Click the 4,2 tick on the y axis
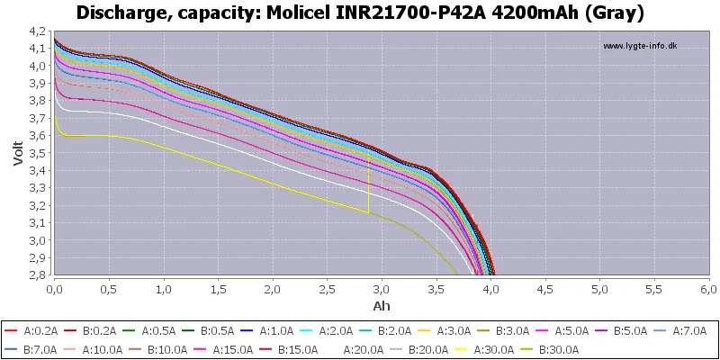(37, 31)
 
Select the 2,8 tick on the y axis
(37, 275)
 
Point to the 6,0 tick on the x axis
(708, 291)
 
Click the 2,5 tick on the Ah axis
(327, 291)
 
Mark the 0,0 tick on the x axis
(54, 291)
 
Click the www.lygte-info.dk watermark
(639, 46)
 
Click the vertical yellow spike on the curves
(368, 184)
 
